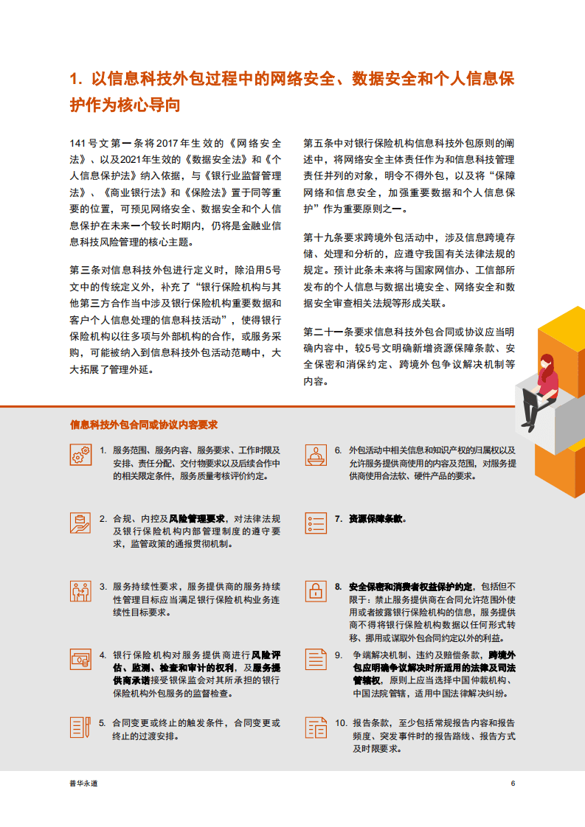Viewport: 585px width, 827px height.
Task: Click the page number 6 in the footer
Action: pos(513,784)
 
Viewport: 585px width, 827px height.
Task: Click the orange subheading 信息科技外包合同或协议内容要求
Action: pos(143,425)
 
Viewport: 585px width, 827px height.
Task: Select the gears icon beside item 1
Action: pos(81,455)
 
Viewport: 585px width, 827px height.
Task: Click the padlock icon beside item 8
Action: pos(316,591)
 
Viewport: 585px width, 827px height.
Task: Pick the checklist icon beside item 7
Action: pos(316,523)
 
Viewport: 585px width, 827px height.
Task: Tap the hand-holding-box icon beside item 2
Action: pos(81,523)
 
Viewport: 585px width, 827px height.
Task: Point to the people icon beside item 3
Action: pos(81,591)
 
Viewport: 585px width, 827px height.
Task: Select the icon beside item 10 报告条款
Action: pos(316,727)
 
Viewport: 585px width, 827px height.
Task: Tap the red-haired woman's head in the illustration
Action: pos(547,363)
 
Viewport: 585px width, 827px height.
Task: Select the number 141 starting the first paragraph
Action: pos(77,142)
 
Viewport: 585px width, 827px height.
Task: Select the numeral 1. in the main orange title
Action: pos(75,80)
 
